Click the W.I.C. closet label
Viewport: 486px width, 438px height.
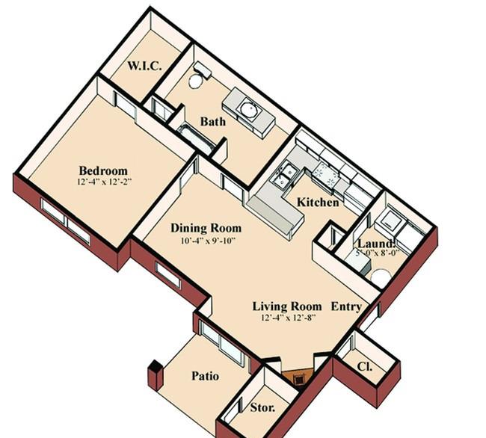(x=144, y=66)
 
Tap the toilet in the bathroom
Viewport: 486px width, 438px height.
(x=198, y=75)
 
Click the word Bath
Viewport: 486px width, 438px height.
(x=213, y=121)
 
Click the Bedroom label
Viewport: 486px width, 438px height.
(x=103, y=170)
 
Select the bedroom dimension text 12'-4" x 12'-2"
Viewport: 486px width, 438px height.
(x=105, y=182)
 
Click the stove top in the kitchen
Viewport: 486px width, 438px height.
(x=324, y=174)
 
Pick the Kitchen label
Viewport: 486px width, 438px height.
(x=318, y=203)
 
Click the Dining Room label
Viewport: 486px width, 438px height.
(x=206, y=228)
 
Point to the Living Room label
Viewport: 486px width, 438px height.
(x=287, y=306)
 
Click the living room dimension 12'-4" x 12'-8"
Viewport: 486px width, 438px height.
(x=289, y=318)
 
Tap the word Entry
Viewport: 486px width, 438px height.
(x=346, y=306)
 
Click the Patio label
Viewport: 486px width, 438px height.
(x=205, y=376)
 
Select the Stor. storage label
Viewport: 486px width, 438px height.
(x=262, y=407)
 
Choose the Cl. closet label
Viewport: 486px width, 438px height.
(x=365, y=367)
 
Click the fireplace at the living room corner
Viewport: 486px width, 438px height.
(x=298, y=376)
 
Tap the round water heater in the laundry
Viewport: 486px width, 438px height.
(x=381, y=277)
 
